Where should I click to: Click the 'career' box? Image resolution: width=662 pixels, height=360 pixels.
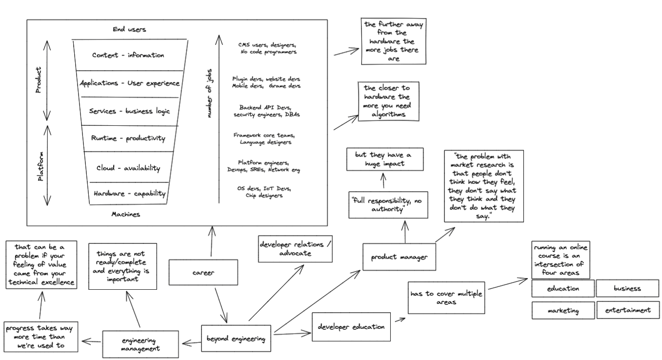click(x=203, y=272)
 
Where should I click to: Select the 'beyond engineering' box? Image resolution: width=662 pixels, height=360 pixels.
click(x=236, y=338)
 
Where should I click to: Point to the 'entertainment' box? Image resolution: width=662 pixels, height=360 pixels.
click(x=627, y=310)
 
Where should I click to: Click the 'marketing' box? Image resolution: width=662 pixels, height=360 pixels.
click(x=562, y=311)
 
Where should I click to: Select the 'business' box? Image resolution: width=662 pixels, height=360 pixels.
click(x=627, y=288)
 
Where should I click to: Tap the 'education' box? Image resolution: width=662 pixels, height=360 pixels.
click(x=562, y=288)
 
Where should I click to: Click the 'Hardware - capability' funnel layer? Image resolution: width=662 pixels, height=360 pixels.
click(x=129, y=193)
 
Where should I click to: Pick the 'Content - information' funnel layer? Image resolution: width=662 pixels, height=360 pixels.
click(x=128, y=55)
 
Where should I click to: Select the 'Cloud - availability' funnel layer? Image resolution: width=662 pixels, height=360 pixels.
click(x=128, y=168)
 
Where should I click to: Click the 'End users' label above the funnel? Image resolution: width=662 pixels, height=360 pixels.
click(x=125, y=30)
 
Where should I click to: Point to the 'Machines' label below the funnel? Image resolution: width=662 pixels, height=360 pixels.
click(x=126, y=214)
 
